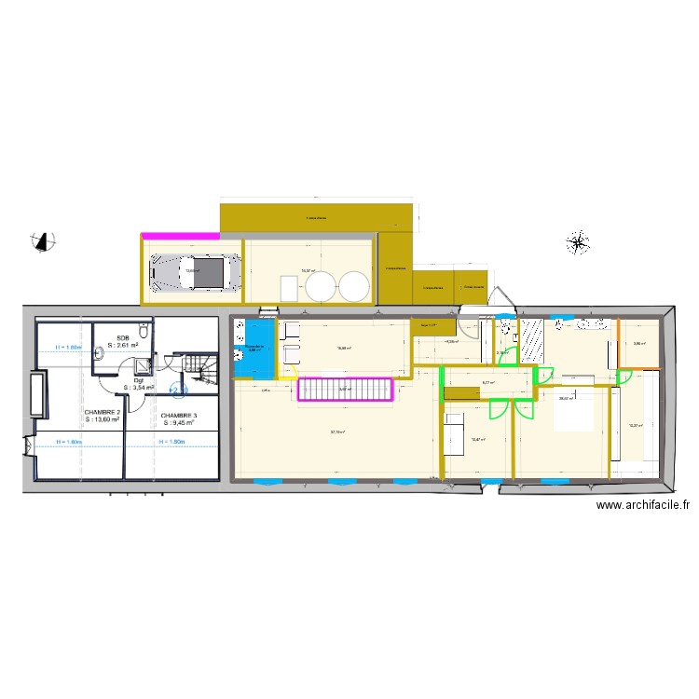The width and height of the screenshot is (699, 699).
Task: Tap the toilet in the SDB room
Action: pyautogui.click(x=142, y=332)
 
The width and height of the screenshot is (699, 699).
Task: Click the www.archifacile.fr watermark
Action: pyautogui.click(x=642, y=506)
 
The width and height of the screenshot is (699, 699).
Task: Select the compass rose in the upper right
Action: pyautogui.click(x=578, y=244)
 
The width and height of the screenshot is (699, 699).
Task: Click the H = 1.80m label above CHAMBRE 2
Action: pyautogui.click(x=67, y=348)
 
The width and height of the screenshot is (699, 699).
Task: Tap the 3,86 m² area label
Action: pyautogui.click(x=638, y=344)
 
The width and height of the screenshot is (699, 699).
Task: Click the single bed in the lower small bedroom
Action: pyautogui.click(x=456, y=433)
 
